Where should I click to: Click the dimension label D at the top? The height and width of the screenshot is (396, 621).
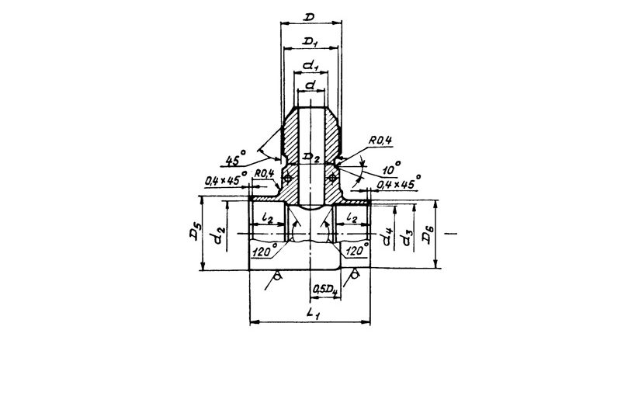point(309,17)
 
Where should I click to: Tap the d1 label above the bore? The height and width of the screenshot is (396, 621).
point(311,66)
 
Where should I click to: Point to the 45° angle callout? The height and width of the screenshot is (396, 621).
point(236,158)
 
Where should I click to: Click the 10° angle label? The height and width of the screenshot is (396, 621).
point(392,168)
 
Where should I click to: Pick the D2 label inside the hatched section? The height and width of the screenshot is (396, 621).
point(310,158)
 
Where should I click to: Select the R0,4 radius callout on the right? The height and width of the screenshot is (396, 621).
point(380,141)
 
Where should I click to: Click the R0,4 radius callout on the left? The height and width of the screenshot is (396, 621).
point(264,173)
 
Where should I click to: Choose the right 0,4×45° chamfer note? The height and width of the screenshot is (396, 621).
point(398,182)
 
